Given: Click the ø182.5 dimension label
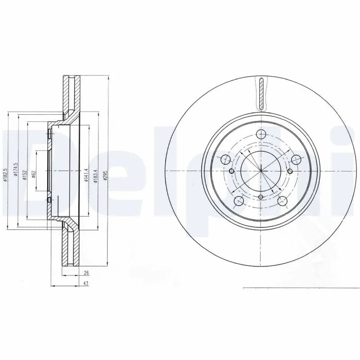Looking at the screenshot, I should (x=6, y=174).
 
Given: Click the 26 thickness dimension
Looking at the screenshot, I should (x=86, y=273).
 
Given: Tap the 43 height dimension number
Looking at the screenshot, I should (x=85, y=283).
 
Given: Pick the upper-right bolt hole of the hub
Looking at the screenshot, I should (x=296, y=159).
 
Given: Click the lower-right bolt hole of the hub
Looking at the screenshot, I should (x=283, y=201).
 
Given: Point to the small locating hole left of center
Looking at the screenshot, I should (x=231, y=171).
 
